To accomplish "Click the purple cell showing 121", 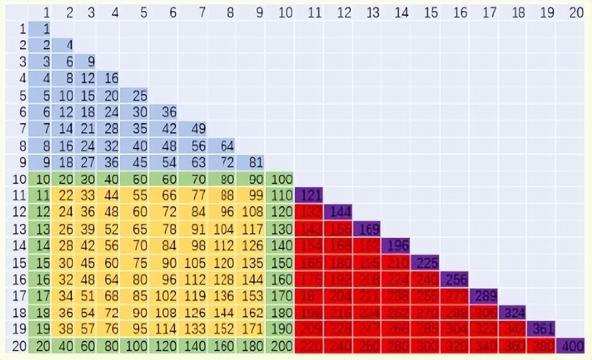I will click(x=308, y=195).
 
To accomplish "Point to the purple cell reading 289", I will click(x=483, y=296).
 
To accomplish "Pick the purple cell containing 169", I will click(x=366, y=229).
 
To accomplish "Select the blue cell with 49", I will click(x=193, y=130).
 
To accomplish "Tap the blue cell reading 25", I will click(x=134, y=96).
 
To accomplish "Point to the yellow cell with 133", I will click(x=193, y=329).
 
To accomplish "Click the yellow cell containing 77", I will click(x=193, y=195).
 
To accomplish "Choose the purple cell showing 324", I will click(x=512, y=312).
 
